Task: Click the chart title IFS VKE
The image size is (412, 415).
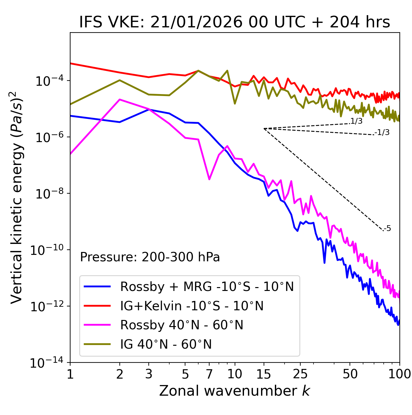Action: click(234, 23)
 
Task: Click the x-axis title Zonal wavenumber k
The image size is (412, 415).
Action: click(234, 391)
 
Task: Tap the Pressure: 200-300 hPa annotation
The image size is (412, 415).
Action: click(150, 257)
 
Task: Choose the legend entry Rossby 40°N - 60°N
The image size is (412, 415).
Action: click(182, 325)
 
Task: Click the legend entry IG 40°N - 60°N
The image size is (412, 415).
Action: click(166, 344)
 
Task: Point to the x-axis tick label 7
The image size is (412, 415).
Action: click(209, 374)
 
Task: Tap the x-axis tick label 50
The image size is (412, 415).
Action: click(350, 374)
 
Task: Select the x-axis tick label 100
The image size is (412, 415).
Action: click(399, 374)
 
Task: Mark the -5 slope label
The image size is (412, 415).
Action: click(388, 229)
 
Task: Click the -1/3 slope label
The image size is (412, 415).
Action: click(382, 132)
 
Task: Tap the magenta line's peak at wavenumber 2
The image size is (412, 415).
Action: click(120, 100)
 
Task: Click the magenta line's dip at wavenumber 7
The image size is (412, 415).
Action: click(209, 179)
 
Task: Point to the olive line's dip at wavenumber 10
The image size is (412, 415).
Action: click(235, 103)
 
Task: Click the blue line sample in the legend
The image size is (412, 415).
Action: click(97, 286)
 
